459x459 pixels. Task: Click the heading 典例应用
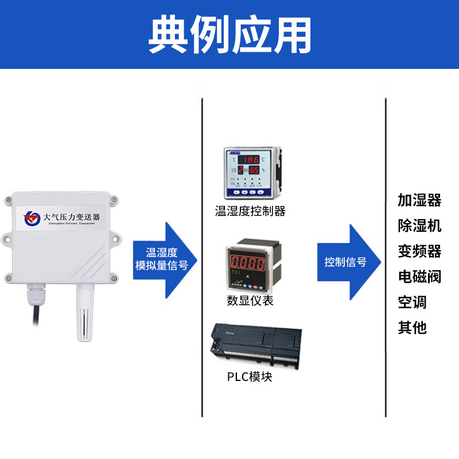229,34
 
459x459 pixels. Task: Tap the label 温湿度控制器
250,211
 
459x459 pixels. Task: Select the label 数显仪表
250,301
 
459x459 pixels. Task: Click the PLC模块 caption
250,377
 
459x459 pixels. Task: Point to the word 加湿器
419,200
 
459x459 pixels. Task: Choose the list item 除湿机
419,225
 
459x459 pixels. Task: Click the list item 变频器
419,251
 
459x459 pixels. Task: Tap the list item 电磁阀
419,277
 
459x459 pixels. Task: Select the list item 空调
413,302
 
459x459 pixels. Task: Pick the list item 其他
413,328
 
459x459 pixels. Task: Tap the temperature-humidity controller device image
252,172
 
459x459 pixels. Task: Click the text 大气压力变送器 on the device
71,217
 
